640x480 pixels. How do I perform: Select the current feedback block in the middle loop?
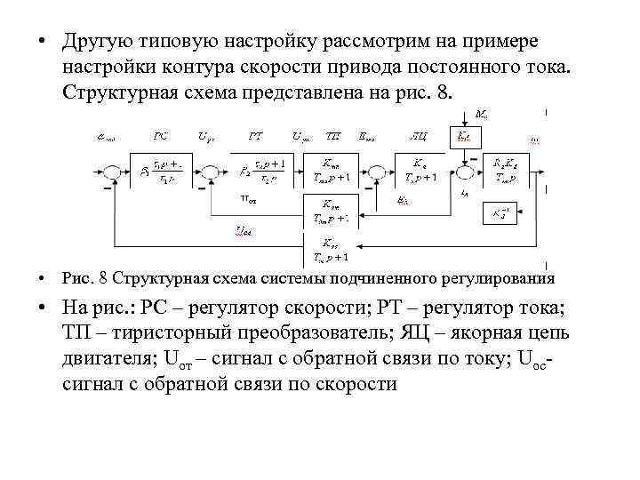coord(330,211)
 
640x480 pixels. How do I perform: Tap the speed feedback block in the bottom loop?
coord(330,250)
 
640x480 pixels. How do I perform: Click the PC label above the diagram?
coord(161,136)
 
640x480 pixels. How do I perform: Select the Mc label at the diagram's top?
coord(481,114)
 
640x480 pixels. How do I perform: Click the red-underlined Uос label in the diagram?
coord(243,231)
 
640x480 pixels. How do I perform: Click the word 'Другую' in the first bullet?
coord(97,42)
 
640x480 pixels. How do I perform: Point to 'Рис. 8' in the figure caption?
coord(85,277)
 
